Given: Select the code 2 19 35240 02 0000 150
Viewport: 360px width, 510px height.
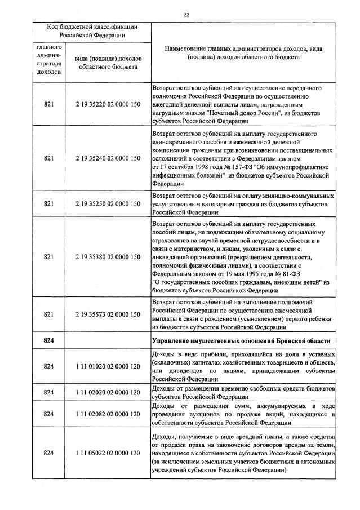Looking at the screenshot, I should tap(107, 158).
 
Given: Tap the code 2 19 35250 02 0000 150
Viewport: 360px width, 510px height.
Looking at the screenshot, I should tap(107, 203).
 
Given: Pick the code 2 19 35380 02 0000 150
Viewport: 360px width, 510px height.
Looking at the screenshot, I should tap(107, 257).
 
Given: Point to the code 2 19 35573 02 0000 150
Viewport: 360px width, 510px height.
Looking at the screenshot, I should tap(107, 314).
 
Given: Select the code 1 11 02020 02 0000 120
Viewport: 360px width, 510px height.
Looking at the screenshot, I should tap(107, 392).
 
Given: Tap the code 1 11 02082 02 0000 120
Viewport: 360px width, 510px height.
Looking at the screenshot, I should tap(107, 414).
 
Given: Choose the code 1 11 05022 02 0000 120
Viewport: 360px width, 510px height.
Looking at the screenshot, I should tap(107, 453).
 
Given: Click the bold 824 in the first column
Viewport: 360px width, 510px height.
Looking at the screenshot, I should tap(48, 342).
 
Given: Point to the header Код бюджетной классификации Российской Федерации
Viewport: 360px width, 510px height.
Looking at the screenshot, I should tap(92, 31).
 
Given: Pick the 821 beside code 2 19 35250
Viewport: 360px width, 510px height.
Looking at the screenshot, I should tap(48, 203).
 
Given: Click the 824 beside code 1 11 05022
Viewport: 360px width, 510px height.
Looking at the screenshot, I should tap(48, 453).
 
